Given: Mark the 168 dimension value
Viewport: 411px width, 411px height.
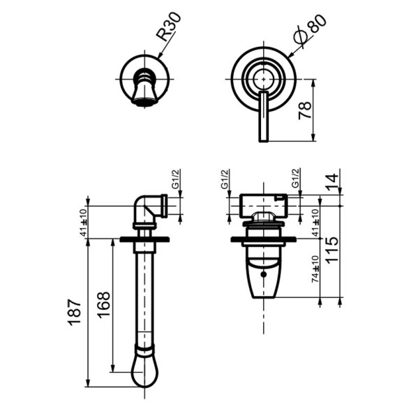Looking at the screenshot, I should tap(103, 304).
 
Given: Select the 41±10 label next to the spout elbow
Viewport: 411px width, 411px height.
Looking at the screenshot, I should tap(84, 223).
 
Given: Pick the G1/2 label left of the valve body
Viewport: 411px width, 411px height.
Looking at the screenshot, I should tap(225, 180).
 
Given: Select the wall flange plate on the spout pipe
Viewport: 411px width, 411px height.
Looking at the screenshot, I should tap(144, 239).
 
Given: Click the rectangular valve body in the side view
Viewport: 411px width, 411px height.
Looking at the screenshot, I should tap(262, 205).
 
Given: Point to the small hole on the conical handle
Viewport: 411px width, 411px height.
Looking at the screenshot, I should tap(263, 275).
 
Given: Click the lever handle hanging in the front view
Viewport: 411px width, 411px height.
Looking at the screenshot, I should tap(263, 116).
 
